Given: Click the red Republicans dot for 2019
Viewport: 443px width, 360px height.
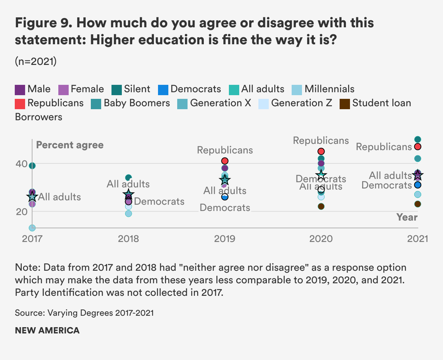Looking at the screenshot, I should [225, 161].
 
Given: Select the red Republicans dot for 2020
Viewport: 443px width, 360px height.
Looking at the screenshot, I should [321, 151].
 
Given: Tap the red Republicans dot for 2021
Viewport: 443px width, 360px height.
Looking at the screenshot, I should [418, 147].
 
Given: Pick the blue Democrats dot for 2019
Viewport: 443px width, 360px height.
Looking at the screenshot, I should [225, 197].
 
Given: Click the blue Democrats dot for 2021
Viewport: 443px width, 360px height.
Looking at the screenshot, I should [418, 185].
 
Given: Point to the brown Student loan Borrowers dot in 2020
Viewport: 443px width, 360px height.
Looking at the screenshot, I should [321, 206].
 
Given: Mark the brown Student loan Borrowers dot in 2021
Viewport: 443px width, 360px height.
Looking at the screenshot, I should [418, 204].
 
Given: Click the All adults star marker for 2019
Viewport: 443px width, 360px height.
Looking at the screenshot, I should [225, 180].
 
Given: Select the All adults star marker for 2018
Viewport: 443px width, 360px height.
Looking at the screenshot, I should [128, 194].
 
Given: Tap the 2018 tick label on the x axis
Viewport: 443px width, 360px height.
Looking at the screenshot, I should [128, 239].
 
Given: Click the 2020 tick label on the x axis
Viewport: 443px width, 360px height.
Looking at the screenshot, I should [321, 239].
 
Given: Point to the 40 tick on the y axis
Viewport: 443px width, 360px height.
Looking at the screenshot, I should [22, 163].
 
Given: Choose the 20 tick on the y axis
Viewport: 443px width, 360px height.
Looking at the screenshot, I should [22, 211].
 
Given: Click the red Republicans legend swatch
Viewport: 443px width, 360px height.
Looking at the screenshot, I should [20, 103].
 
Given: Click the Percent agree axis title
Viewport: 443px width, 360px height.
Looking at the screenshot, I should [70, 145].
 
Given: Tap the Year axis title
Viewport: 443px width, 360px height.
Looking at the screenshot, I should [407, 217].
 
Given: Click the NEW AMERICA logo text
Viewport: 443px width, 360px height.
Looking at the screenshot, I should [47, 330].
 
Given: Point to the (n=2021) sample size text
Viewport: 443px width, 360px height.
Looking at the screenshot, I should [36, 62].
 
